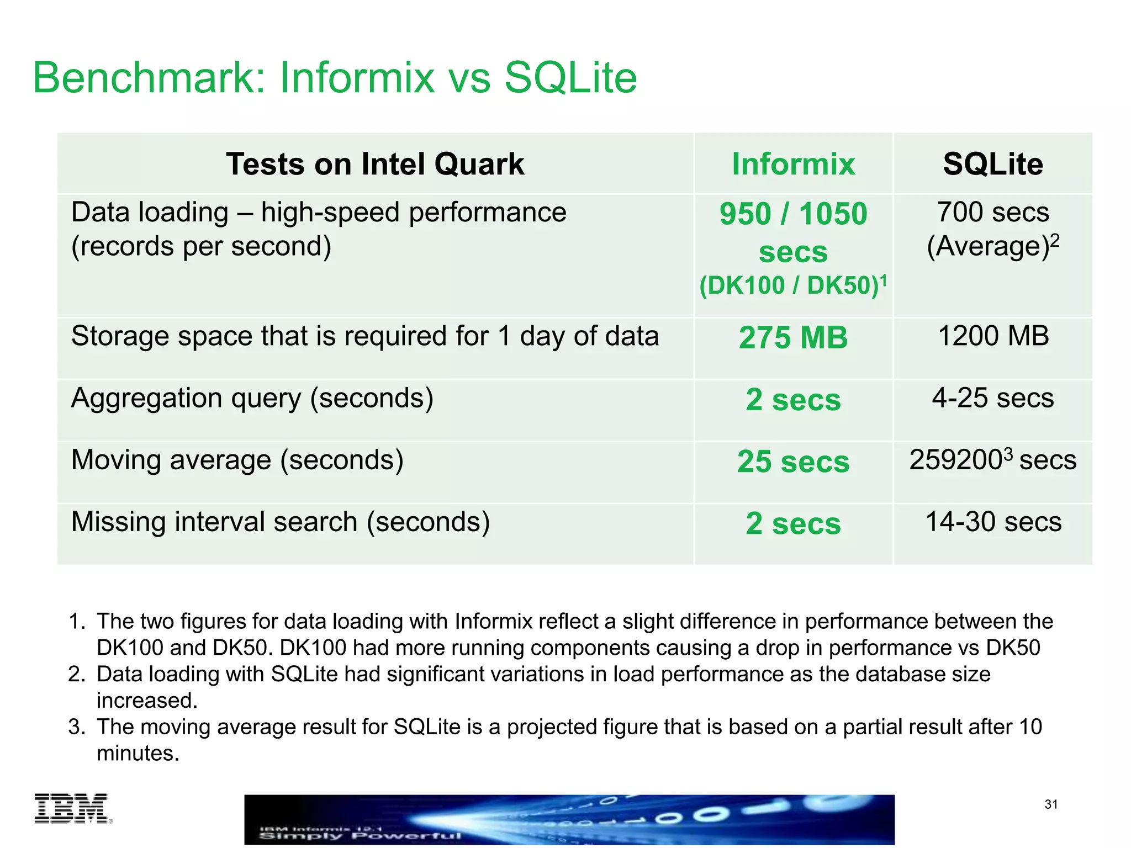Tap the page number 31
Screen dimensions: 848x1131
coord(1051,804)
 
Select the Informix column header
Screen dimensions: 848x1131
coord(793,164)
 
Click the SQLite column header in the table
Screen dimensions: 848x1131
coord(992,164)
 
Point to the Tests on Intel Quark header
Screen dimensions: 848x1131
coord(375,164)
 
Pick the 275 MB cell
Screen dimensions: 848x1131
coord(793,337)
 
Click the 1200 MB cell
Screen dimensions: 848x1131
coord(993,336)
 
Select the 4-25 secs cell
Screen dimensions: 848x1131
coord(992,397)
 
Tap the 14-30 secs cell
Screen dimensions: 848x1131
coord(993,522)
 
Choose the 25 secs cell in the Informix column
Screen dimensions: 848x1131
coord(793,462)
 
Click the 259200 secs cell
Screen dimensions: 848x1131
coord(992,460)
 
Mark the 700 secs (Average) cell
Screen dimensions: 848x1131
coord(992,229)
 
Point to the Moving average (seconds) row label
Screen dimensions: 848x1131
coord(237,460)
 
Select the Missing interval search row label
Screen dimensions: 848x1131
coord(281,522)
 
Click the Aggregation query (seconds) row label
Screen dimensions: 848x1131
coord(252,398)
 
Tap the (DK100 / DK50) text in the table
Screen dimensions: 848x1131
coord(790,285)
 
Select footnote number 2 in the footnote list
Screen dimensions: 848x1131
coord(76,674)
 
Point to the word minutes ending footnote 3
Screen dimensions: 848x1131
coord(138,753)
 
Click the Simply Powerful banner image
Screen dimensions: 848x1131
coord(569,819)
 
